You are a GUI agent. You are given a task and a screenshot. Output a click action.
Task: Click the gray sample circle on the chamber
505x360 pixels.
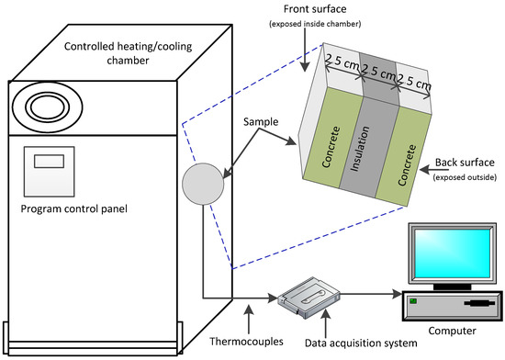tap(203, 184)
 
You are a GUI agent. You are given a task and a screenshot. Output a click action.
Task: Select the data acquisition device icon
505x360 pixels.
tap(309, 298)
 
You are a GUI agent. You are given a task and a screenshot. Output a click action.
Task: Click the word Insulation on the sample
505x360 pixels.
tap(359, 149)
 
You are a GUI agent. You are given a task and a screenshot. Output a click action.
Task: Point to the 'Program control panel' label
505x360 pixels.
tap(74, 209)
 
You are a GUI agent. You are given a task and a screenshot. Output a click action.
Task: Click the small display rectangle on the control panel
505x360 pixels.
tap(49, 161)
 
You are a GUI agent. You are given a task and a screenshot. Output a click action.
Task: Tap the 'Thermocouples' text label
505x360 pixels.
tap(246, 342)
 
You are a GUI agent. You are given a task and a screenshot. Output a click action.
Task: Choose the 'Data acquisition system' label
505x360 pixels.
tap(361, 343)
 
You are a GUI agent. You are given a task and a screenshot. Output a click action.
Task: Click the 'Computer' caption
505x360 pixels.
tap(452, 331)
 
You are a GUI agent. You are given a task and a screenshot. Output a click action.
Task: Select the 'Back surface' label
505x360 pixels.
tap(465, 163)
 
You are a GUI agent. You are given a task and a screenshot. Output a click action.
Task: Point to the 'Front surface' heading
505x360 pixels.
tap(315, 9)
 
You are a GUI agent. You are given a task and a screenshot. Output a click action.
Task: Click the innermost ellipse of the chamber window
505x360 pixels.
tap(47, 107)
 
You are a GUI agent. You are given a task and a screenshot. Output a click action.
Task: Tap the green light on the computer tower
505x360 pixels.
tap(413, 301)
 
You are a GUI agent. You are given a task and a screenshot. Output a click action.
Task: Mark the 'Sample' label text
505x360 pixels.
tap(261, 122)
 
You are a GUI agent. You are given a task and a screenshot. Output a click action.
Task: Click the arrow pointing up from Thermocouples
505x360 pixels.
tap(249, 319)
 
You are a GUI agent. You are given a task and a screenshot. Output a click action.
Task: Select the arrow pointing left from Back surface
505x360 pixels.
tap(434, 169)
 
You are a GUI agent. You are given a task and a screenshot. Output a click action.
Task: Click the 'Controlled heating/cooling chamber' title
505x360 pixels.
tap(128, 53)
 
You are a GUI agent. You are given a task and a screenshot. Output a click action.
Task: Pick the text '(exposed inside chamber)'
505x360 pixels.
tap(315, 24)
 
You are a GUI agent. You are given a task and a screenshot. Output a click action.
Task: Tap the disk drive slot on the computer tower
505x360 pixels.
tap(479, 303)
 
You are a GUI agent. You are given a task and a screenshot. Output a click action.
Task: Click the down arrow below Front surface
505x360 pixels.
tap(305, 50)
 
